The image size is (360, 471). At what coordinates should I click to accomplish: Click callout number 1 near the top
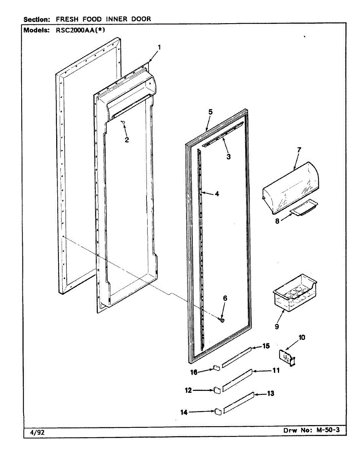(x=159, y=47)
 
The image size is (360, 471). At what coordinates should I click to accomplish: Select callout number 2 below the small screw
(x=126, y=140)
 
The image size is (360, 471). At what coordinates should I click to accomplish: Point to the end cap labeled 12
(x=216, y=390)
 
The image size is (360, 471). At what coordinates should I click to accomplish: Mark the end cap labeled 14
(x=216, y=411)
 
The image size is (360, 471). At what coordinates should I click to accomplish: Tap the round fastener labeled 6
(x=222, y=320)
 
